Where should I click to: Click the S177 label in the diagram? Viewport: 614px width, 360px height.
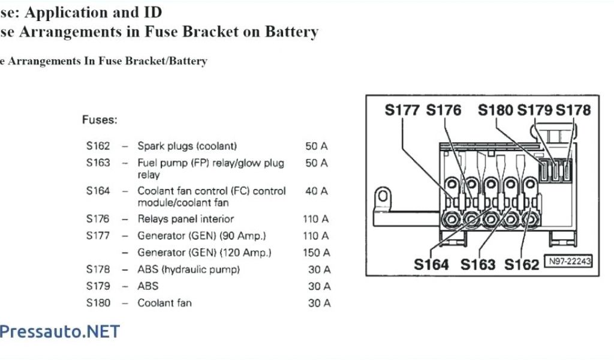(403, 110)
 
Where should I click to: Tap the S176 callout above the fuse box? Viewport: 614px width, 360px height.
(444, 110)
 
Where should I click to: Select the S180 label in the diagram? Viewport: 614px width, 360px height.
(496, 110)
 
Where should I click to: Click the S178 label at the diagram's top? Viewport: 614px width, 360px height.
(573, 110)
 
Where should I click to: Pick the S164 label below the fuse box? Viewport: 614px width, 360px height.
(431, 264)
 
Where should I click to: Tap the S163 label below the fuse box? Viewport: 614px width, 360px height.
(478, 264)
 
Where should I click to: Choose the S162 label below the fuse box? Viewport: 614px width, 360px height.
(522, 264)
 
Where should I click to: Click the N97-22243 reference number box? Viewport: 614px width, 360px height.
(568, 261)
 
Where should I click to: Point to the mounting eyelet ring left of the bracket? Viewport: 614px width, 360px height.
(381, 197)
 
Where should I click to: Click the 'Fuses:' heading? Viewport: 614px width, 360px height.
(100, 120)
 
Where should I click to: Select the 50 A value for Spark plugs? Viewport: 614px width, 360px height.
(317, 146)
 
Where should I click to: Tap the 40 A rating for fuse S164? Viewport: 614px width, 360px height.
(317, 191)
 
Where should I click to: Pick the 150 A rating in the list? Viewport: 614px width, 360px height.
(316, 253)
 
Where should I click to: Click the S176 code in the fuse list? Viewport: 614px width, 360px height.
(98, 219)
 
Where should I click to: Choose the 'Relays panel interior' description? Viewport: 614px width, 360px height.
(186, 219)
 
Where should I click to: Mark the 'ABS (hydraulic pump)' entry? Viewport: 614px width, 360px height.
(189, 269)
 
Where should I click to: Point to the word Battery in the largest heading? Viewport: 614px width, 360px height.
(287, 32)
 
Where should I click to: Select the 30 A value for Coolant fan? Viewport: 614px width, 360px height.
(319, 303)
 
